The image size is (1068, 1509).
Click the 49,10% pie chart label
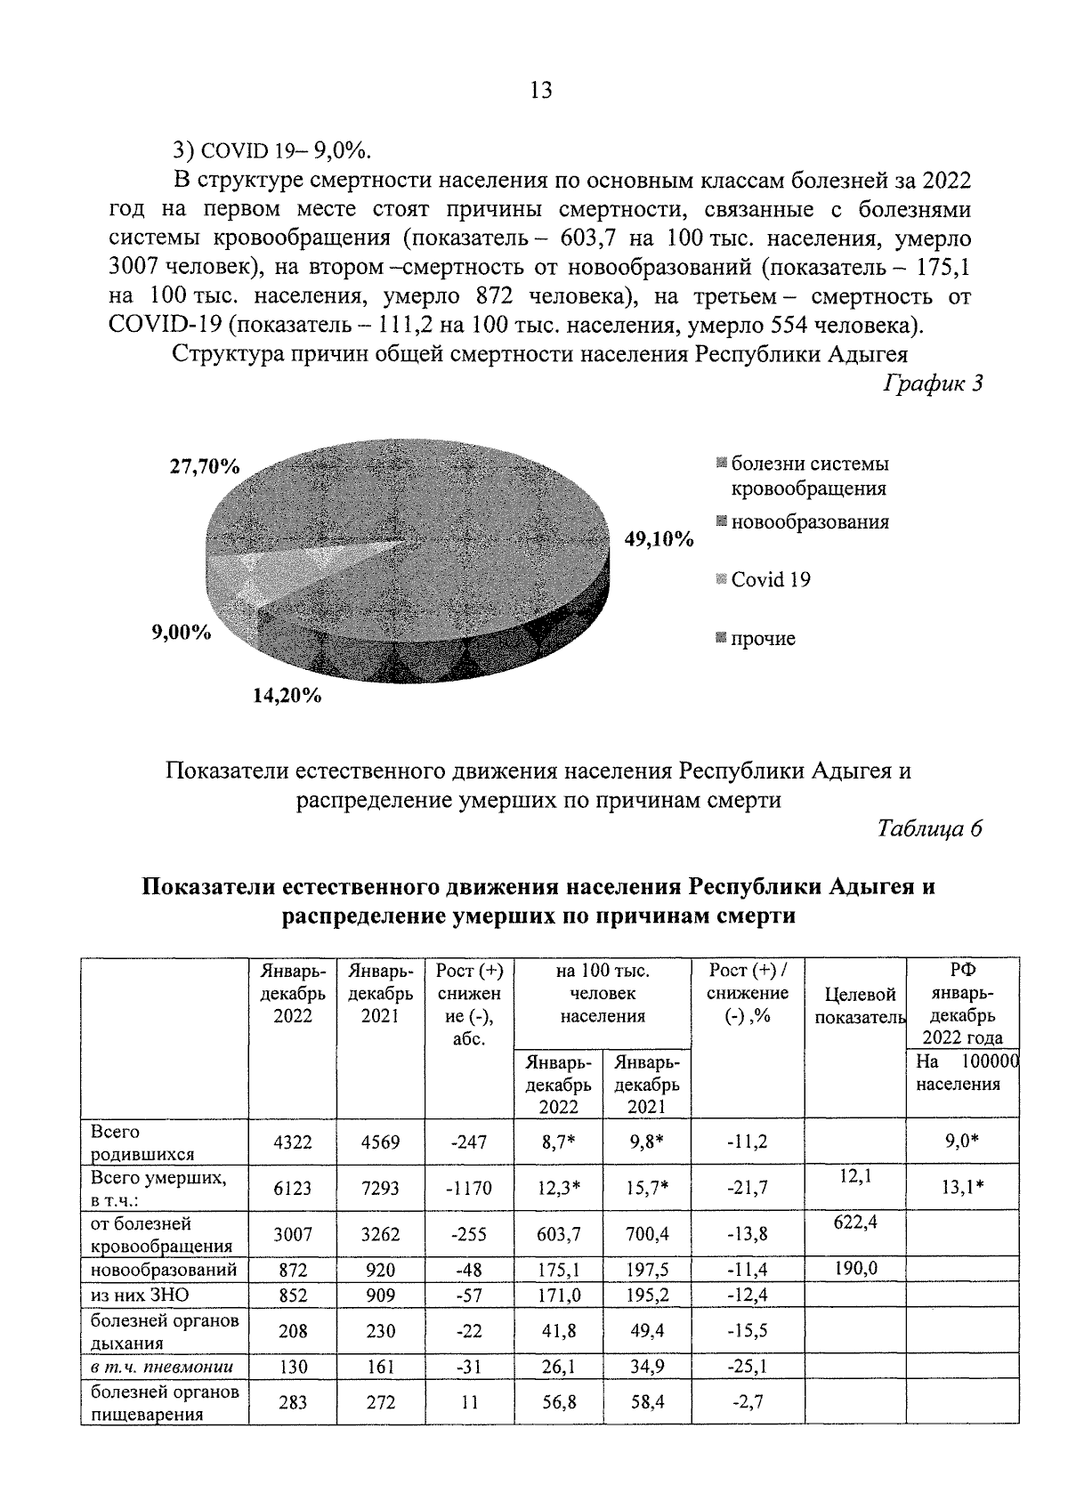point(658,539)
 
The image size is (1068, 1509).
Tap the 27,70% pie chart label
point(205,466)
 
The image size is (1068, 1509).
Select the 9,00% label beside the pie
point(182,633)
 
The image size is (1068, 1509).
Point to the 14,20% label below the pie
point(287,696)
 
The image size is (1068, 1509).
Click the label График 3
point(932,384)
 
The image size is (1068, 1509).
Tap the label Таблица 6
point(929,828)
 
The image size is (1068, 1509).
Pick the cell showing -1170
point(468,1188)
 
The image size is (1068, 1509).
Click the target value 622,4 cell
point(854,1223)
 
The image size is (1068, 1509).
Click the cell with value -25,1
point(747,1366)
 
